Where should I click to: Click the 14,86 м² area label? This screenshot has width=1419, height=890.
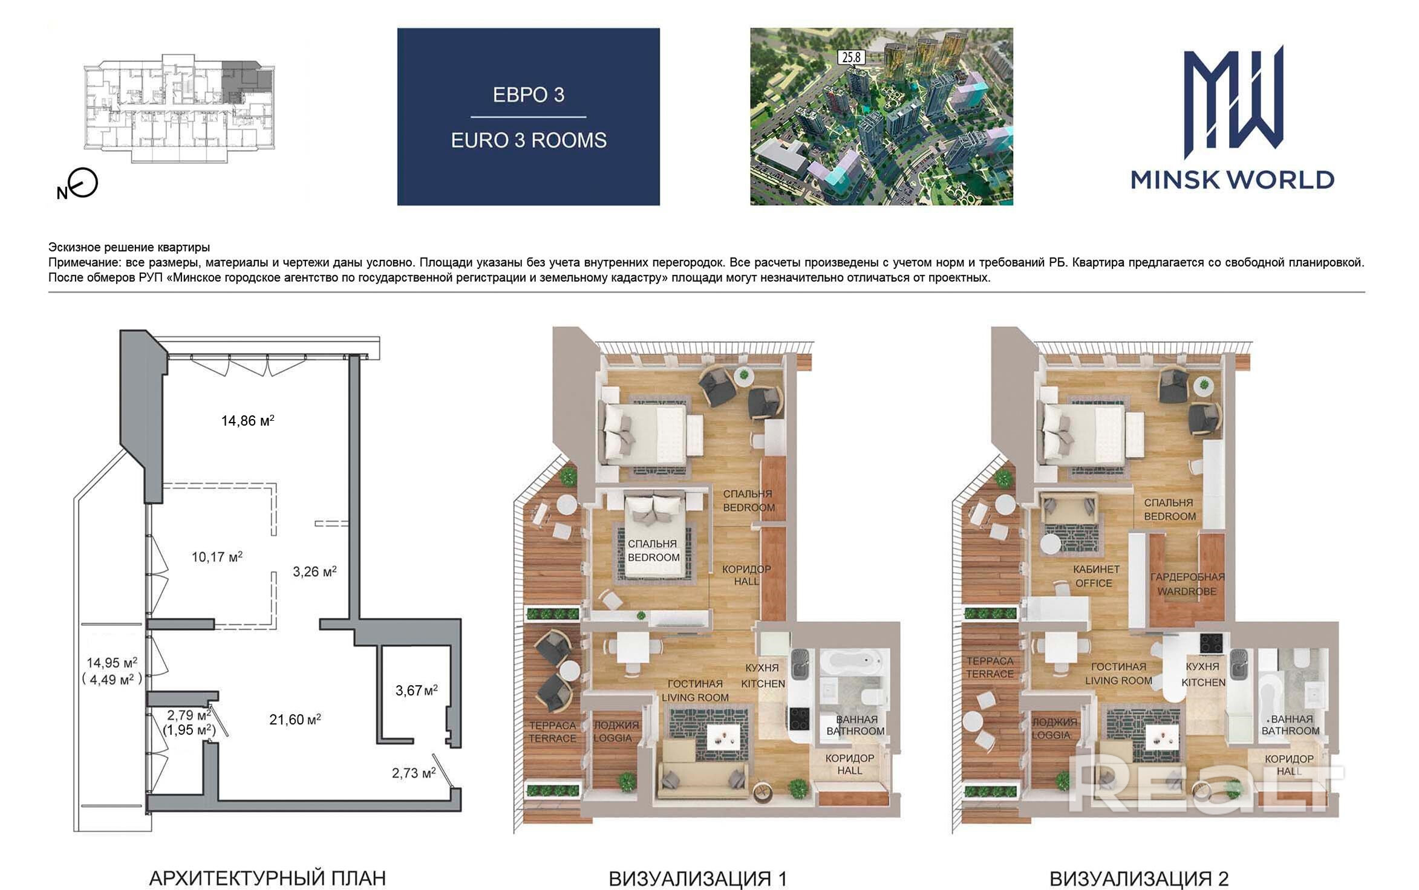point(247,420)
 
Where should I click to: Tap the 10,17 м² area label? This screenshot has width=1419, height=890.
point(217,556)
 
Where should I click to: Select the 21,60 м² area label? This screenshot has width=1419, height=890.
point(295,719)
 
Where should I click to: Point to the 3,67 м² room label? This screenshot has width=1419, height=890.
point(416,690)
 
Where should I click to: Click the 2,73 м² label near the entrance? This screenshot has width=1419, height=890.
point(414,773)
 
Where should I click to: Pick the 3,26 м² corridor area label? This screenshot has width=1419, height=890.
point(315,571)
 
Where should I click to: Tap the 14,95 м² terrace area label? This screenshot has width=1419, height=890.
point(112,663)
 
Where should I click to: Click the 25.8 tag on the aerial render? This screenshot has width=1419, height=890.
point(851,57)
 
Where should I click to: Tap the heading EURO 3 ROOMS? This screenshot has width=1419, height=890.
point(529,140)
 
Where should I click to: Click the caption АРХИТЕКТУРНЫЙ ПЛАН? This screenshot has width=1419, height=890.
point(267,878)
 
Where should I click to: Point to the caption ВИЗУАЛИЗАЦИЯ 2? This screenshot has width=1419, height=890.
point(1139,879)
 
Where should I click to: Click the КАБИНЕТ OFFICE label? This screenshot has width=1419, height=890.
point(1096,576)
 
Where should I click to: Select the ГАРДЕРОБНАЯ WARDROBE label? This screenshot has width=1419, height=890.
point(1187,584)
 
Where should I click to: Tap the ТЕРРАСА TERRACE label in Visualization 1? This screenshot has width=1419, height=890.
point(552,732)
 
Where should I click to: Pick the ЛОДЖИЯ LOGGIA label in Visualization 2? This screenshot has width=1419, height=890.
point(1054,729)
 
